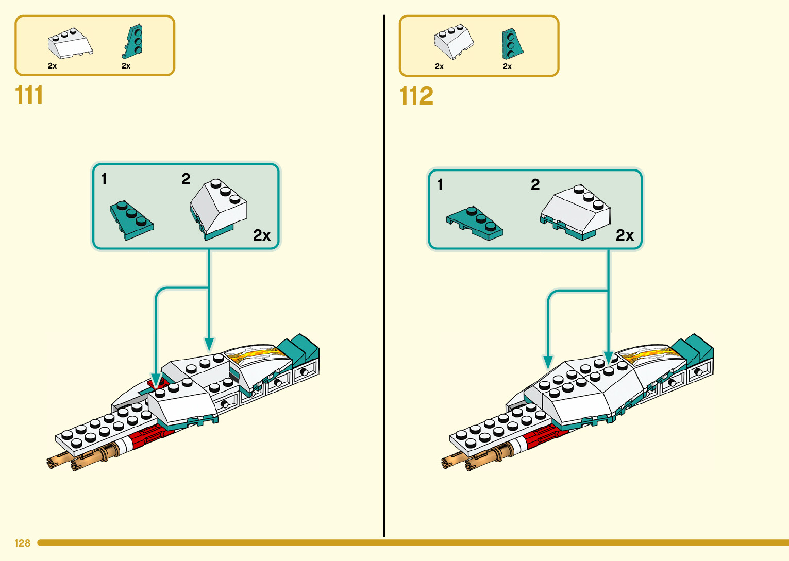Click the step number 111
(29, 95)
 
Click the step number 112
(416, 96)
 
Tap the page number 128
(23, 543)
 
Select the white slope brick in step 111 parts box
(70, 43)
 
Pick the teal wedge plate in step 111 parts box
(132, 42)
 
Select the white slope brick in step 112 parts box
(454, 42)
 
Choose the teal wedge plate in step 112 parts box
(512, 44)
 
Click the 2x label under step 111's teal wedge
(126, 66)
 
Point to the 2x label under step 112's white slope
(439, 66)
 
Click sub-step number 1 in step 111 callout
(104, 179)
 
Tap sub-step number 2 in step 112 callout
(535, 184)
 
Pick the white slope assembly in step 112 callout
(575, 212)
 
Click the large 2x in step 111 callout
(262, 235)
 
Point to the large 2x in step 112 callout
(625, 235)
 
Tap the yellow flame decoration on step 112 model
(648, 353)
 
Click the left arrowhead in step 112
(548, 363)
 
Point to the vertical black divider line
(384, 276)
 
